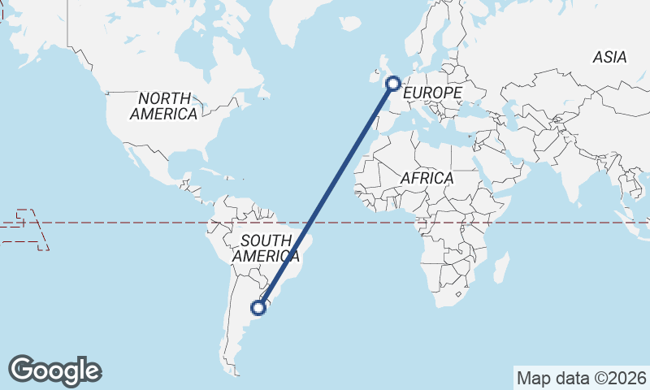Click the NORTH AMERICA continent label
point(163,106)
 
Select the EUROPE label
point(431,93)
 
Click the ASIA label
point(609,57)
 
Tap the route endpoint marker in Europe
point(393,82)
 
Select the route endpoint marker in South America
point(258,307)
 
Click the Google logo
point(54,370)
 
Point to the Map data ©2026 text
point(581,378)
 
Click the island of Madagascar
point(501,267)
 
